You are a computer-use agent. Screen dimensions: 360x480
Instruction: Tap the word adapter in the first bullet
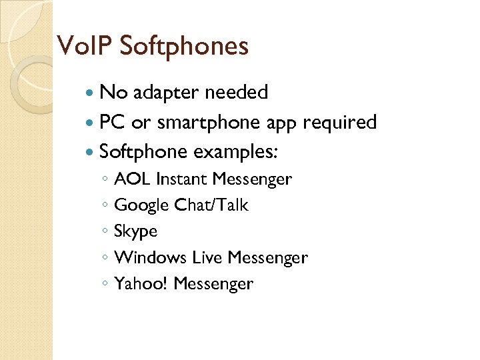pos(167,92)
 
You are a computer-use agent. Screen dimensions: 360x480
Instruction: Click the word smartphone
pos(209,123)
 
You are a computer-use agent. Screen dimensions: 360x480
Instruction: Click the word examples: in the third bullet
pos(235,152)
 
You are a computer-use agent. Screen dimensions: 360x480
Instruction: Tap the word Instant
pos(182,179)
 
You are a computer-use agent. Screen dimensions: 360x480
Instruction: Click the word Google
pos(141,205)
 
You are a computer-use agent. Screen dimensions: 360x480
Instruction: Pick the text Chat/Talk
pos(211,205)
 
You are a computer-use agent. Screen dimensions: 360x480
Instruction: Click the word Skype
pos(136,231)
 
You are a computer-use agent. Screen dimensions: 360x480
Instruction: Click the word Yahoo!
pos(141,283)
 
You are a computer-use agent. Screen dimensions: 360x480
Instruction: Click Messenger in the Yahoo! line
pos(213,284)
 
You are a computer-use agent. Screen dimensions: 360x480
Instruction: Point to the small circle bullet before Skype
pos(105,232)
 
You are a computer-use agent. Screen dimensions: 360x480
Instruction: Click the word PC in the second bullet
pos(112,123)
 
